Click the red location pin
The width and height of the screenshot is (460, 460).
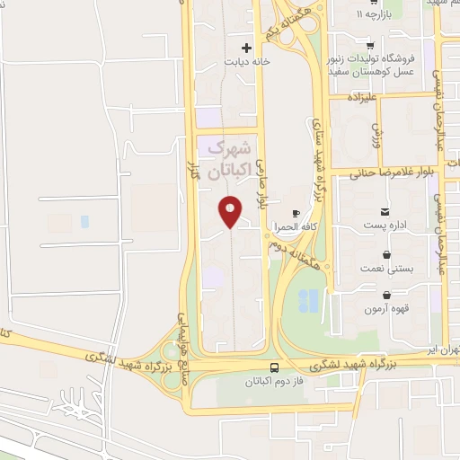click(231, 210)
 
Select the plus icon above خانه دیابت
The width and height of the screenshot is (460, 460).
click(247, 47)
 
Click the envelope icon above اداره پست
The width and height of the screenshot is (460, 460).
click(385, 212)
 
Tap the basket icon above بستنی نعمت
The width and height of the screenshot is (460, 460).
click(385, 254)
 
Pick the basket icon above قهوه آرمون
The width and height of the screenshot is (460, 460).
click(385, 295)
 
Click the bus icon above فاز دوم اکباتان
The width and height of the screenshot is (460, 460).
click(274, 367)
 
